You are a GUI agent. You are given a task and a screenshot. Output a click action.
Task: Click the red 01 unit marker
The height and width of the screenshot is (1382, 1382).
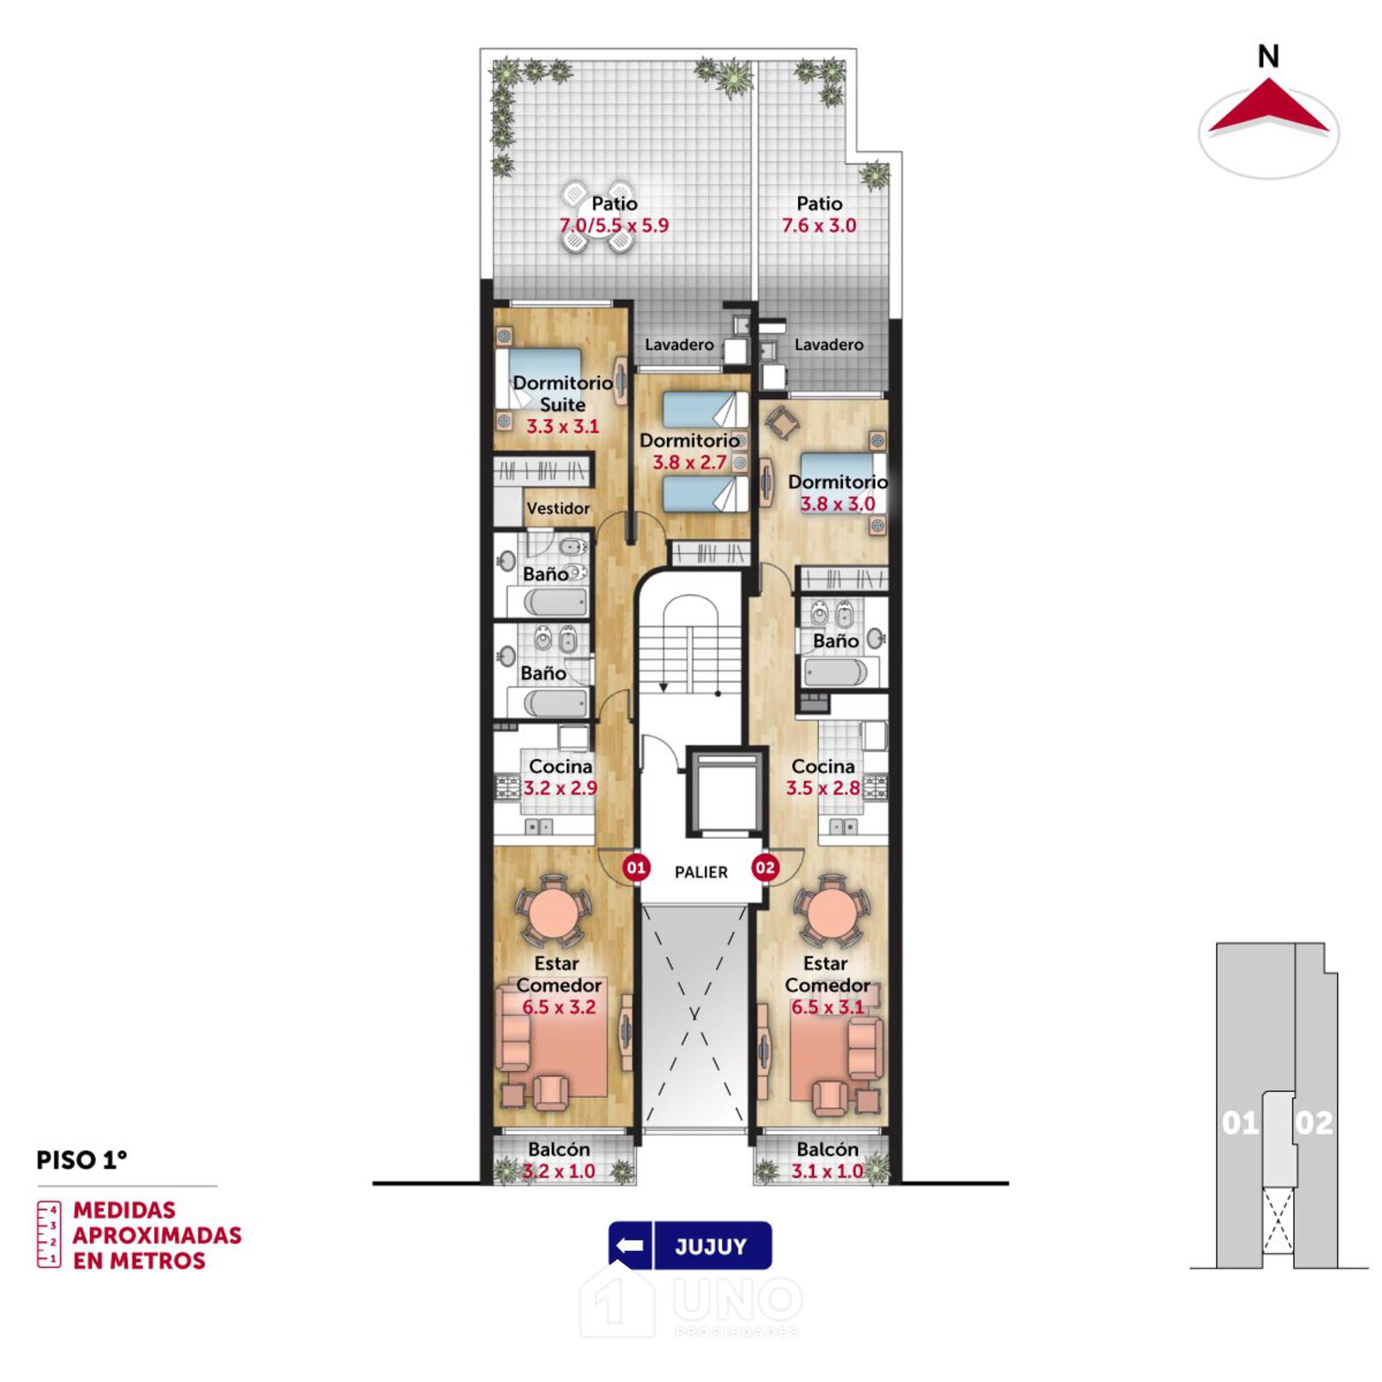tap(636, 867)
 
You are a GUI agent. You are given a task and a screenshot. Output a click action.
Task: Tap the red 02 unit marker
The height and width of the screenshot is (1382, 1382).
tap(765, 867)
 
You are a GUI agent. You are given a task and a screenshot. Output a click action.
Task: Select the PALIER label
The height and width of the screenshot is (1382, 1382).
tap(701, 872)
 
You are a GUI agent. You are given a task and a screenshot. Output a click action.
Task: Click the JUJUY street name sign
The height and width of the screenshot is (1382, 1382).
tap(711, 1246)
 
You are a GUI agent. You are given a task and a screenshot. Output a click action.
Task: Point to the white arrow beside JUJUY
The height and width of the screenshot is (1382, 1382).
tap(631, 1246)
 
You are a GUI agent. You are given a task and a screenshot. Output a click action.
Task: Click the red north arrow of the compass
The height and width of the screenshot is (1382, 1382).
tap(1268, 107)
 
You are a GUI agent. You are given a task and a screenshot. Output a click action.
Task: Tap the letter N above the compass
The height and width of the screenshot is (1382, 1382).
tap(1268, 57)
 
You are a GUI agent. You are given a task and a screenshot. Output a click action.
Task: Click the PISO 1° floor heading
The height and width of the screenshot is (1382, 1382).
tap(82, 1160)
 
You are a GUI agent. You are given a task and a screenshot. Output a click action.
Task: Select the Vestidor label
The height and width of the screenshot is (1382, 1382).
tap(558, 509)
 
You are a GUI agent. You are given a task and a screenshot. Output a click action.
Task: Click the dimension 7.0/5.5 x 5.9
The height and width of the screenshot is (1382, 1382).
tap(614, 225)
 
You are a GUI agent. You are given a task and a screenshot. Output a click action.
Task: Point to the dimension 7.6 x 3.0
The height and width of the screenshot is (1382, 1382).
tap(819, 225)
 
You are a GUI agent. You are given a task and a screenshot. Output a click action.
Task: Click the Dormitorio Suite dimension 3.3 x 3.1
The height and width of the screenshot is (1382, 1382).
tap(562, 426)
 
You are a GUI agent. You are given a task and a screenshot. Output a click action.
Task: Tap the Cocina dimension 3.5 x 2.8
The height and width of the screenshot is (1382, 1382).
tap(823, 788)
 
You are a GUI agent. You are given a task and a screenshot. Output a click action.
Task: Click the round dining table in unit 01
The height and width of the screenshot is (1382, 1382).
tap(553, 911)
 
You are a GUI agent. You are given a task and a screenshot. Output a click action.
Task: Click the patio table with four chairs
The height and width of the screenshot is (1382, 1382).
tap(597, 217)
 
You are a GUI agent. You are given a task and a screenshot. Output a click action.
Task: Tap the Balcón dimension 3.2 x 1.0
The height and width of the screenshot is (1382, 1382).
tap(559, 1171)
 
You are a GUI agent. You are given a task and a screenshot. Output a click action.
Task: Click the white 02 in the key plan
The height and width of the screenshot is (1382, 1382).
tap(1314, 1123)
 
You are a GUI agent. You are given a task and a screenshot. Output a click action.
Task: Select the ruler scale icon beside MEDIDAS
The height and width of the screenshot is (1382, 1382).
tap(49, 1234)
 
